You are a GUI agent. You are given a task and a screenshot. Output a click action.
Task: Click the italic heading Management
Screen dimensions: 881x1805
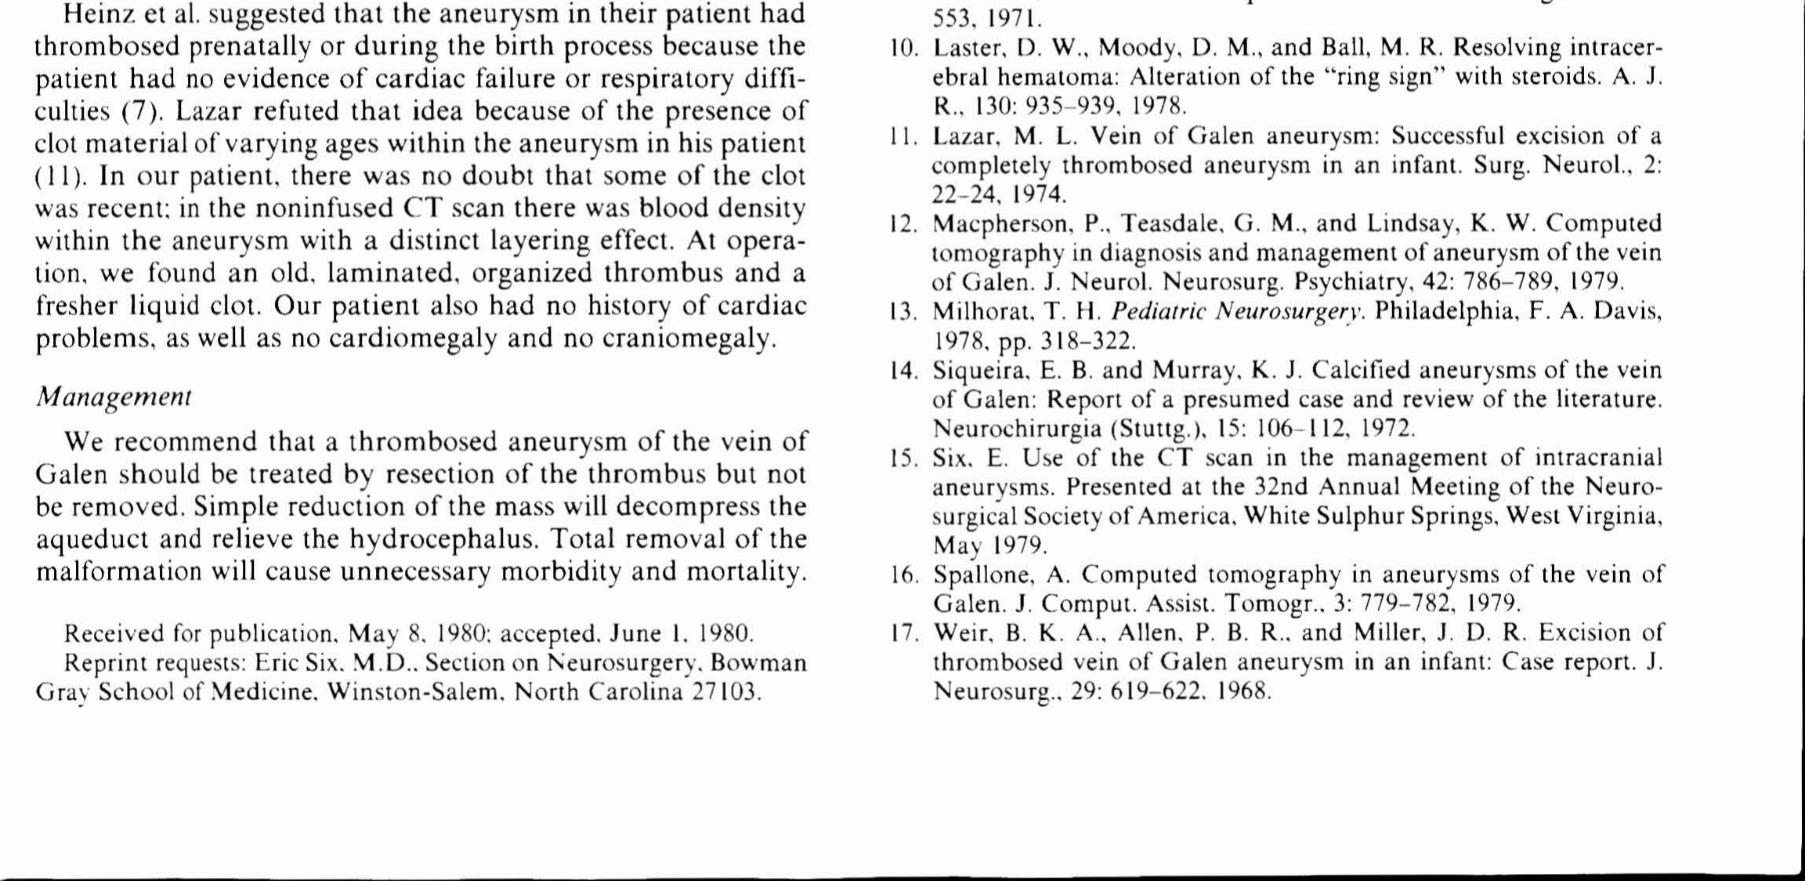pyautogui.click(x=114, y=397)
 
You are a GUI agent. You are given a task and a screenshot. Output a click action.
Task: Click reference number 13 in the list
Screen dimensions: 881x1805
pyautogui.click(x=904, y=312)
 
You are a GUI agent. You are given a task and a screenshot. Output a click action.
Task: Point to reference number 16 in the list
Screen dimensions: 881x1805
pyautogui.click(x=904, y=575)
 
